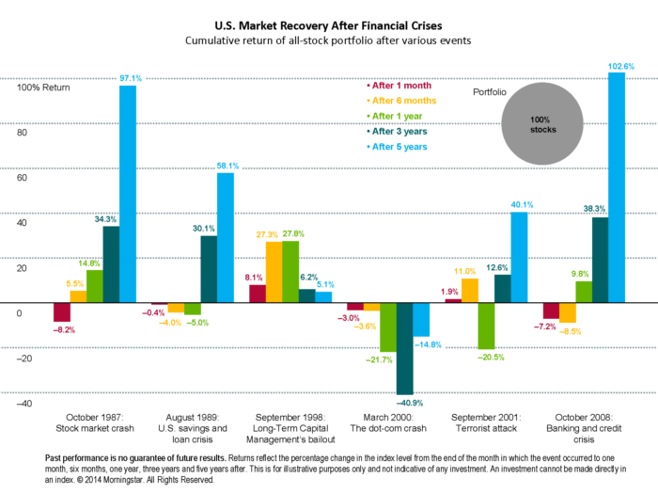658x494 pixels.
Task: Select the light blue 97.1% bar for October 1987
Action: pyautogui.click(x=127, y=193)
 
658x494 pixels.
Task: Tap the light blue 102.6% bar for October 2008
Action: pyautogui.click(x=617, y=188)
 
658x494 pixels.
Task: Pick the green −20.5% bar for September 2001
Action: pyautogui.click(x=486, y=326)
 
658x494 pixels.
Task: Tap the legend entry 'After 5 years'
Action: pyautogui.click(x=399, y=147)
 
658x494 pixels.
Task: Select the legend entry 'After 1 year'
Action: pyautogui.click(x=397, y=115)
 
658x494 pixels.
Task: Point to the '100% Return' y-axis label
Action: pyautogui.click(x=43, y=87)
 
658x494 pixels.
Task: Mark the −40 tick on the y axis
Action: pyautogui.click(x=24, y=404)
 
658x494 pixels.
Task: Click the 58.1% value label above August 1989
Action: pyautogui.click(x=227, y=166)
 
